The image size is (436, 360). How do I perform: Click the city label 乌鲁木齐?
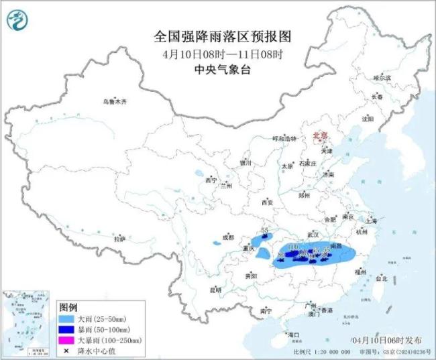point(114,102)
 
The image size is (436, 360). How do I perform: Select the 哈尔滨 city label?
point(381,78)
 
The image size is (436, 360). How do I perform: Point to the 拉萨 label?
point(119,239)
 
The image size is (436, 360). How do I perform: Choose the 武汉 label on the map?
point(313,234)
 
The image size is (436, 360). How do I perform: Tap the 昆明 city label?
point(215,290)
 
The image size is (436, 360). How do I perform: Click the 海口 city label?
point(292,334)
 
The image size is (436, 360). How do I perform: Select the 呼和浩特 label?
point(284,138)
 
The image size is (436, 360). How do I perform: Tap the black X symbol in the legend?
point(69,351)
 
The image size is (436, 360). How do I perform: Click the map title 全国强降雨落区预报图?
point(218,36)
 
